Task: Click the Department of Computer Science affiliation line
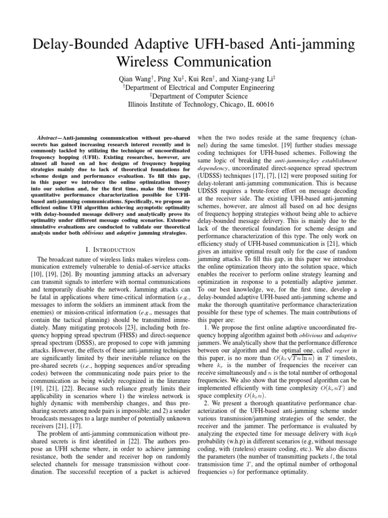194,96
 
